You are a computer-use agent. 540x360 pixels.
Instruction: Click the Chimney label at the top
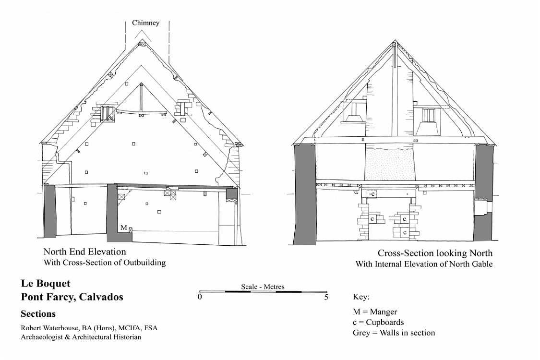click(145, 23)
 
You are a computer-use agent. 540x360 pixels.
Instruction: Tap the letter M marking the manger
click(124, 228)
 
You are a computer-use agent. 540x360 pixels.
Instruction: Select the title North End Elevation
click(84, 252)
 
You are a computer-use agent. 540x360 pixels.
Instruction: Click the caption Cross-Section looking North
click(435, 253)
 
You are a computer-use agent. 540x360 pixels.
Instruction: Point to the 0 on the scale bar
click(200, 297)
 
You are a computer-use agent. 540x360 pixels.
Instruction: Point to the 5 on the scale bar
click(326, 297)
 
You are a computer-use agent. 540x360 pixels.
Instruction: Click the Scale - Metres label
click(263, 287)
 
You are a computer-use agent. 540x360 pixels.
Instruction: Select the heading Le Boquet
click(46, 284)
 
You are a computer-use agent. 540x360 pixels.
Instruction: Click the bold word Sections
click(38, 314)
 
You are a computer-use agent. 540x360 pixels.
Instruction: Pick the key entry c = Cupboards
click(378, 323)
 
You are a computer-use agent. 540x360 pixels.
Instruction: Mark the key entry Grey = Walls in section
click(394, 333)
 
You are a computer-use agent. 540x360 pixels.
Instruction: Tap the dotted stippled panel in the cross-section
click(389, 164)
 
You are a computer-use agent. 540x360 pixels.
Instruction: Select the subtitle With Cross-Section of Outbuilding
click(105, 263)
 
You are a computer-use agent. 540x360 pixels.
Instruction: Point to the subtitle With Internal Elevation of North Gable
click(424, 264)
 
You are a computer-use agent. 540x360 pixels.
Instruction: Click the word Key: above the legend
click(361, 297)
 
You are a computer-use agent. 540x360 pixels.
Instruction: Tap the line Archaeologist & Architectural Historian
click(81, 337)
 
